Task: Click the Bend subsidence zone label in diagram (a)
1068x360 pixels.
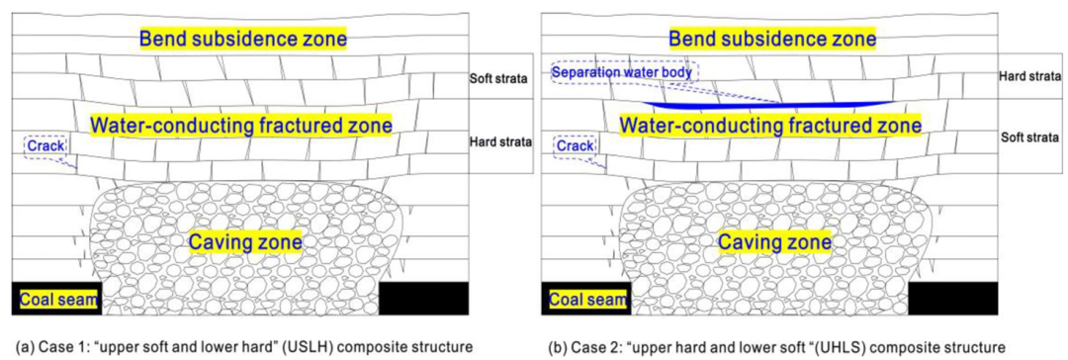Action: tap(244, 39)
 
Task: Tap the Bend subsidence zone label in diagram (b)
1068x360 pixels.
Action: tap(772, 39)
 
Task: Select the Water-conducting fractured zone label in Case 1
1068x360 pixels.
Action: tap(242, 126)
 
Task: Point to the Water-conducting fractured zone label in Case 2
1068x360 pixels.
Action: tap(771, 126)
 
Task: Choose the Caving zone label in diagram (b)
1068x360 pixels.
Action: tap(774, 241)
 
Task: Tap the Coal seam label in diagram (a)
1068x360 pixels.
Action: tap(57, 299)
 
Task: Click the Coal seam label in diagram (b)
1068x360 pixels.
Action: tap(587, 299)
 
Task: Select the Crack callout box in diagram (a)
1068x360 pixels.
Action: tap(44, 146)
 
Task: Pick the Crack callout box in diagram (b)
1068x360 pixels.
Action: tap(575, 146)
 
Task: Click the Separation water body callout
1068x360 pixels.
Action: tap(625, 72)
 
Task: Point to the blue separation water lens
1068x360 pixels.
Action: tap(770, 105)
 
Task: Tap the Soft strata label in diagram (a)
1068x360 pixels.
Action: tap(499, 78)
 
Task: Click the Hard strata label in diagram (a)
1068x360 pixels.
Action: tap(500, 142)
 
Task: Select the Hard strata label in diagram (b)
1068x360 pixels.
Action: tap(1029, 74)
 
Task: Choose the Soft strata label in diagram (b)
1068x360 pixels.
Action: tap(1029, 137)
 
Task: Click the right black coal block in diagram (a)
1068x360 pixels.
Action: tap(423, 299)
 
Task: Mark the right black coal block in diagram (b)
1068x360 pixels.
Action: tap(953, 299)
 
